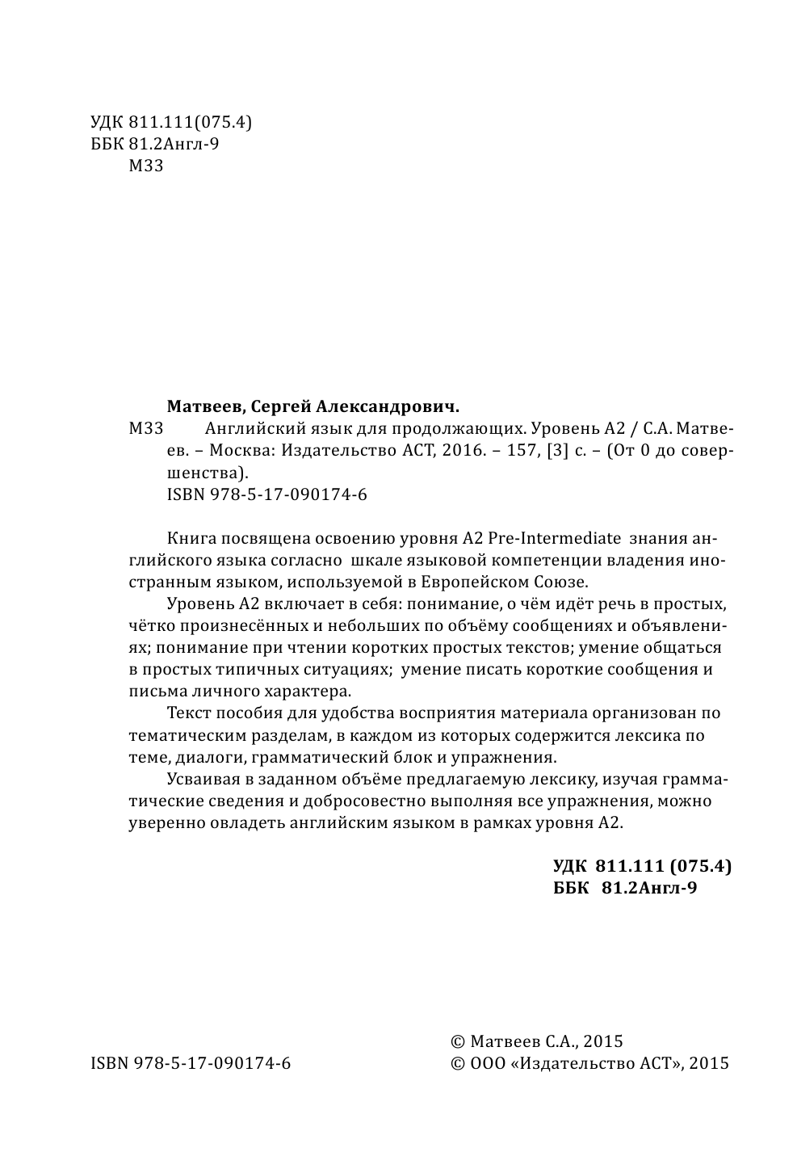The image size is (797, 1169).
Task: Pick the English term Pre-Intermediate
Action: tap(555, 538)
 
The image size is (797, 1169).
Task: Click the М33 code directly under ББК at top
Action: tap(146, 166)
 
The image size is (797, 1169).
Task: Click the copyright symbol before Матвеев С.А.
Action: tap(458, 1042)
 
